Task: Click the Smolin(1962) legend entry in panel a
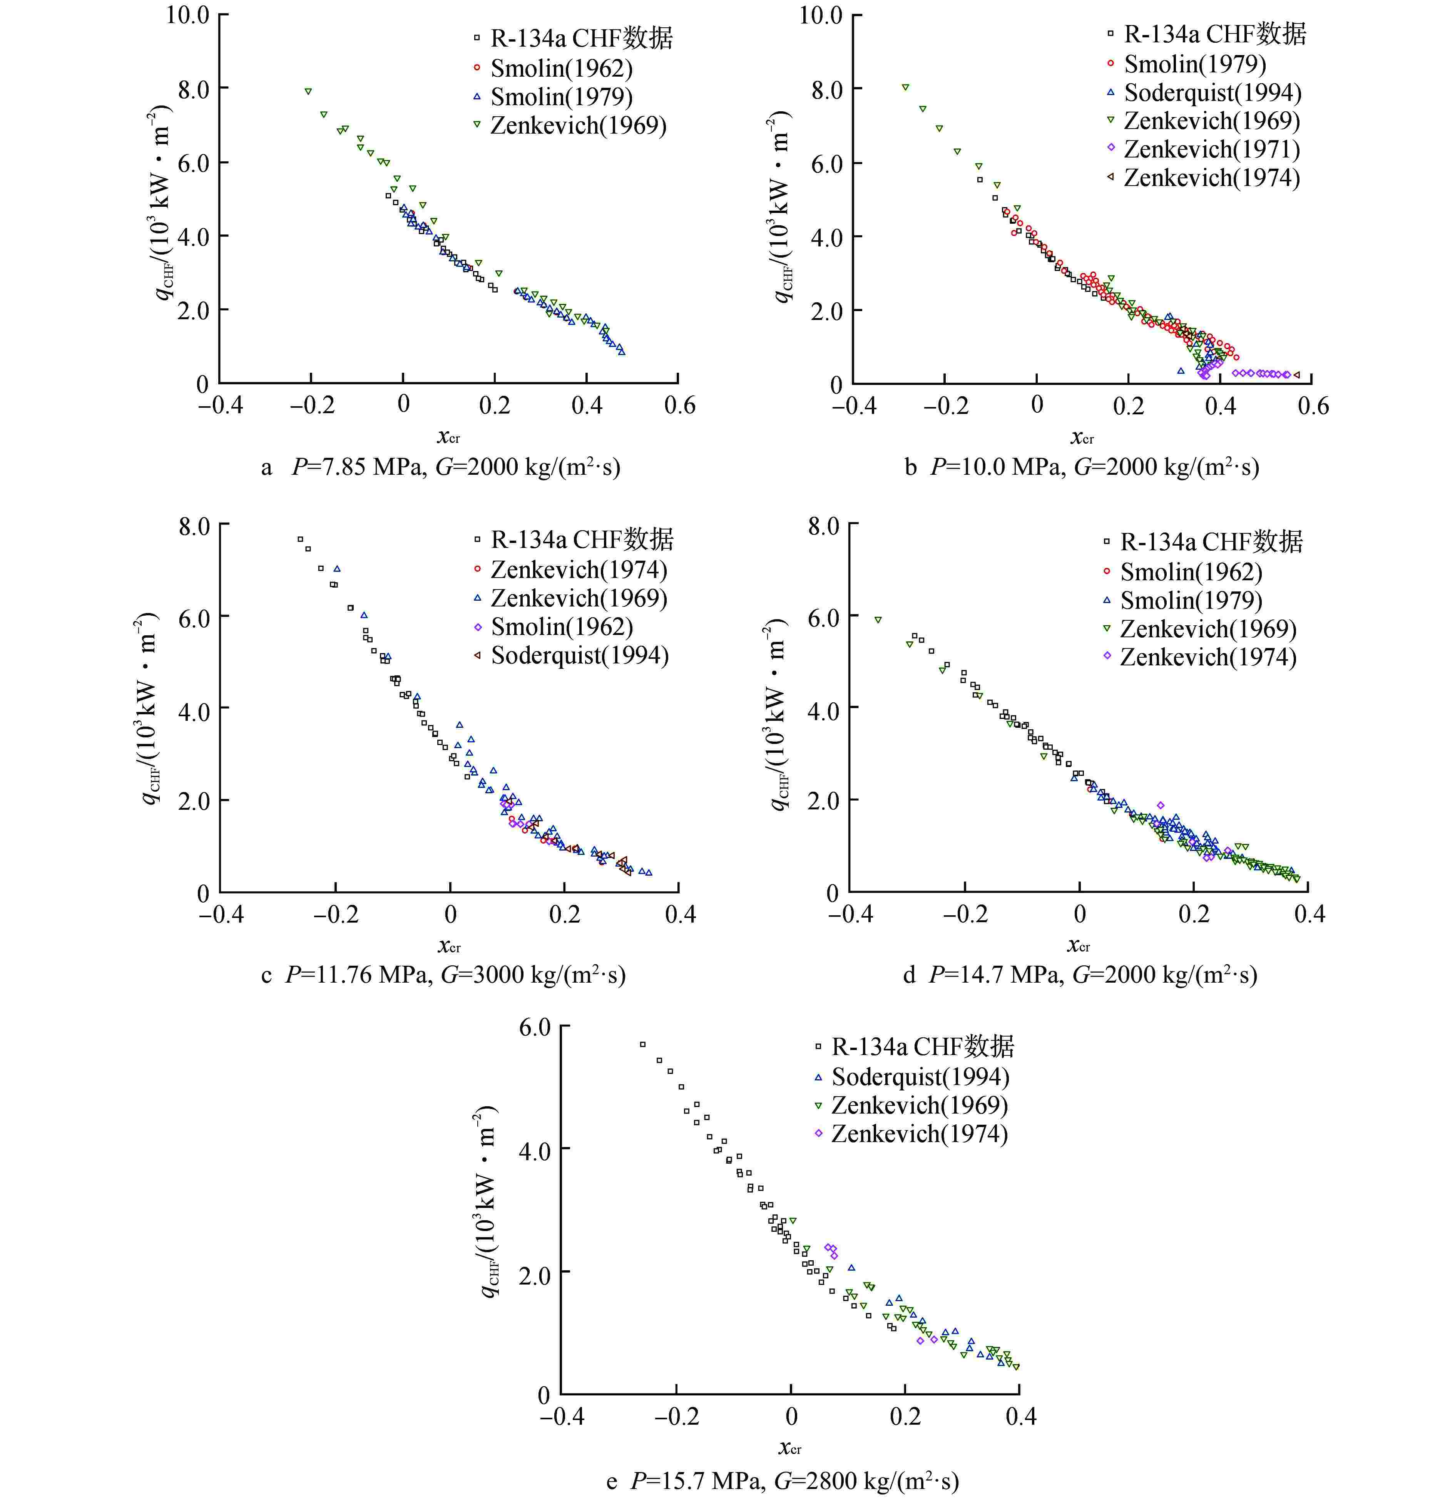point(561,68)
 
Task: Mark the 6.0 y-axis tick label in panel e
point(534,1027)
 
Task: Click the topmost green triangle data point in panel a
point(308,91)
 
